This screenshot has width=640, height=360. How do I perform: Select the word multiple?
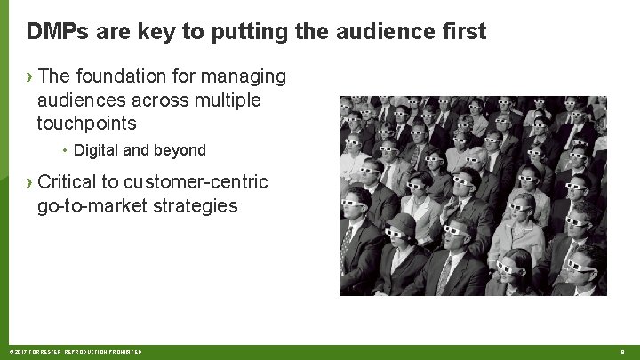pos(220,100)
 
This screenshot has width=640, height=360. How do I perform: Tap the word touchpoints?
pos(86,124)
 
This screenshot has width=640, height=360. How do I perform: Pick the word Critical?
pos(68,182)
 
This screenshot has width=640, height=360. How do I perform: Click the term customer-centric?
pos(196,182)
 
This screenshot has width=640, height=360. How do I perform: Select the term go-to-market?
pos(89,206)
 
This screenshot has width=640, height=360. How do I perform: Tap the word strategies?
pos(191,206)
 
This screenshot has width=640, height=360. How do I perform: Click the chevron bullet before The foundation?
pos(30,77)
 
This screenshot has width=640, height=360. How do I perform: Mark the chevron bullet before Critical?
pos(30,183)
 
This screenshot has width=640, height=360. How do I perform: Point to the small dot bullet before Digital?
pos(67,150)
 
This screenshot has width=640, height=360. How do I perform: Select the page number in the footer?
pos(622,352)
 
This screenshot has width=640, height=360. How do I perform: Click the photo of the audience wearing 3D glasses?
pos(473,196)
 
